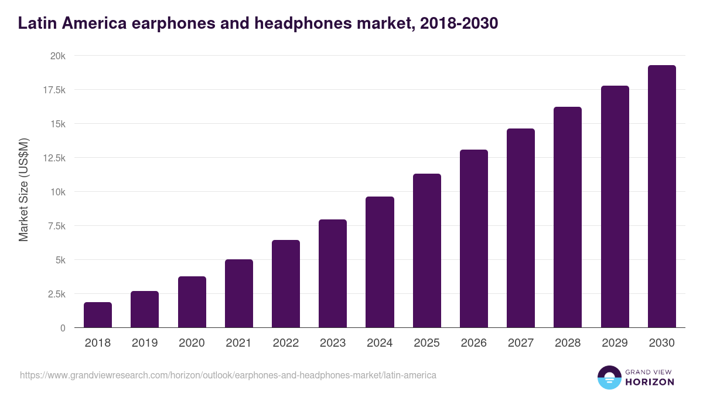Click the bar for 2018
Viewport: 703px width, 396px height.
click(x=98, y=315)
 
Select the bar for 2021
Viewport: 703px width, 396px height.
click(x=238, y=293)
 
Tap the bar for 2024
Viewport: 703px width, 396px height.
click(x=380, y=262)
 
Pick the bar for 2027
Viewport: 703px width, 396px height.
click(x=521, y=228)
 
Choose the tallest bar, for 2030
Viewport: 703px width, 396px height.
click(x=661, y=197)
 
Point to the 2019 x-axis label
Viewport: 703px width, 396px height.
click(x=145, y=343)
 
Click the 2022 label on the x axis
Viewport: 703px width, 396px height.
click(x=285, y=343)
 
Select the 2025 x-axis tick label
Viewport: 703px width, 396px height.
click(x=426, y=343)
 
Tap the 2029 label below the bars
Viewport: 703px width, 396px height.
click(x=615, y=343)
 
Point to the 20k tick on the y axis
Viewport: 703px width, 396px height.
click(x=57, y=56)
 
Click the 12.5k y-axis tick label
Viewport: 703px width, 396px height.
click(x=53, y=158)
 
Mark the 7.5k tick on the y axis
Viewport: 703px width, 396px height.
click(x=56, y=226)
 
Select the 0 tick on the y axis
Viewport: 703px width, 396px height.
click(x=62, y=328)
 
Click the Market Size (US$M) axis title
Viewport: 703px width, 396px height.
click(x=23, y=190)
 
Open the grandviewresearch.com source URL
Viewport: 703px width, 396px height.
click(x=228, y=375)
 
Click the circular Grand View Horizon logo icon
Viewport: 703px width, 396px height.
click(x=609, y=377)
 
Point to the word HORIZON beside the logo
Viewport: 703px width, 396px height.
click(x=649, y=382)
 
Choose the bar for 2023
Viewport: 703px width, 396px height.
click(x=333, y=273)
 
